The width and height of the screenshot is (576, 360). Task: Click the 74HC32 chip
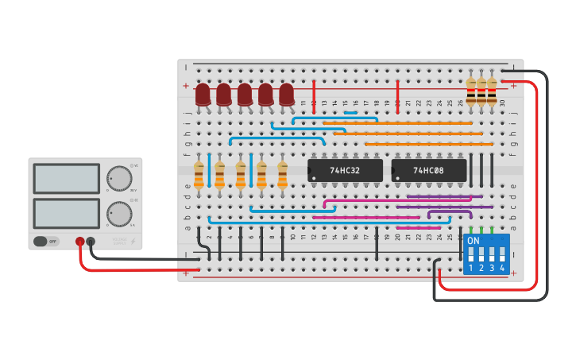tap(345, 170)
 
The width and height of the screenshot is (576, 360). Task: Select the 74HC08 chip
tap(428, 170)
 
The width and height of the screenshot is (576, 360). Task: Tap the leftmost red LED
tap(203, 95)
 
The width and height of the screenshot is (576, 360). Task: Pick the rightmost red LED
tap(287, 95)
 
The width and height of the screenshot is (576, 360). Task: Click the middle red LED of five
tap(245, 95)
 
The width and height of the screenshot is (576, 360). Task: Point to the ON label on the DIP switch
tap(474, 240)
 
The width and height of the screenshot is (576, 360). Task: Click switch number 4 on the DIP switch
tap(502, 255)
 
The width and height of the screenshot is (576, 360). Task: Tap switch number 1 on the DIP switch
tap(470, 255)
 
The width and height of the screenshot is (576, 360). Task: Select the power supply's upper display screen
tap(66, 179)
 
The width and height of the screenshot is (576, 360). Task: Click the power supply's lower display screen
tap(66, 213)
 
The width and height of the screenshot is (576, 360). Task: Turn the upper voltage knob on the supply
tap(118, 177)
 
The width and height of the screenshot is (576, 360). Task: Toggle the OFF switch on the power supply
tap(46, 241)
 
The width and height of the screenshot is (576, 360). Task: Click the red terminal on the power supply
tap(80, 242)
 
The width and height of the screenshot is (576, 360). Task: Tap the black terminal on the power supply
tap(91, 242)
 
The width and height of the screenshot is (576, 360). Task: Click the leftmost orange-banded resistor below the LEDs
tap(199, 175)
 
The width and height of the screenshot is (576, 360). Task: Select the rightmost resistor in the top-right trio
tap(492, 91)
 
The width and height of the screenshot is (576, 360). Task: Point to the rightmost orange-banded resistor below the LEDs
tap(282, 175)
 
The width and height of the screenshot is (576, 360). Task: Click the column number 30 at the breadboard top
tap(502, 103)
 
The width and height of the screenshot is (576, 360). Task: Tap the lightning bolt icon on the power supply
tap(133, 241)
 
